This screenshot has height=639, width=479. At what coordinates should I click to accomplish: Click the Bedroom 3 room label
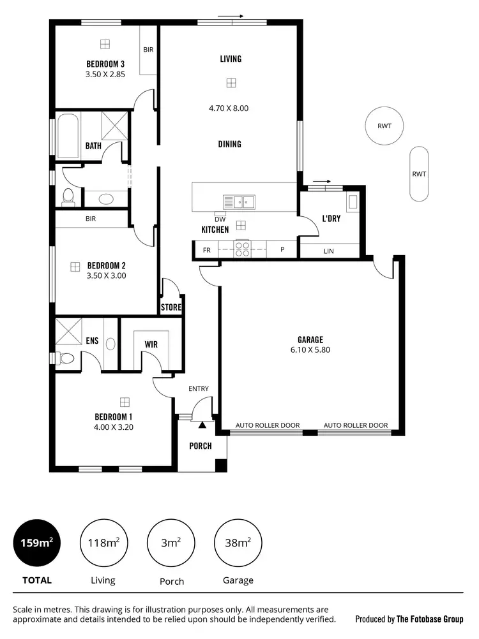[x=105, y=64]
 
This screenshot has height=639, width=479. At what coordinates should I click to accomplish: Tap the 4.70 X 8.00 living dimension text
[x=229, y=108]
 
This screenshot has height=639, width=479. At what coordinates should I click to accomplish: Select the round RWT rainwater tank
[x=384, y=126]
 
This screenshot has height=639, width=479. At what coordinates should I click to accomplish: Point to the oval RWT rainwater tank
[x=419, y=173]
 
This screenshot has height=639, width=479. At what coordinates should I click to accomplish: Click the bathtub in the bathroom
[x=67, y=136]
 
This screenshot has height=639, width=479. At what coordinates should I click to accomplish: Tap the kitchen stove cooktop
[x=243, y=249]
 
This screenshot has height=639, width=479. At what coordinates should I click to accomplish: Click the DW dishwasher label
[x=220, y=219]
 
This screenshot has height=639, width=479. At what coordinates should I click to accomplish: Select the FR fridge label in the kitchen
[x=206, y=251]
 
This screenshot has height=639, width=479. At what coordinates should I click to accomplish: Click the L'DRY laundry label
[x=331, y=219]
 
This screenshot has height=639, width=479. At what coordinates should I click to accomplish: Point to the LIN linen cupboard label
[x=328, y=251]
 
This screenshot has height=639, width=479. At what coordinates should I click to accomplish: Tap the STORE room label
[x=171, y=307]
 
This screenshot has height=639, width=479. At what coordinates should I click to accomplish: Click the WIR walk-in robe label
[x=151, y=344]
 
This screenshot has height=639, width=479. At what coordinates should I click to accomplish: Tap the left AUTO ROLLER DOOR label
[x=268, y=425]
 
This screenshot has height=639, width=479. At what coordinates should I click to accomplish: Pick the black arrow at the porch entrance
[x=202, y=423]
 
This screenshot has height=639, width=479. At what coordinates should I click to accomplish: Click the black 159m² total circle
[x=38, y=543]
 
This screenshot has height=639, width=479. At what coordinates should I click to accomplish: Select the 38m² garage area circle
[x=238, y=543]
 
